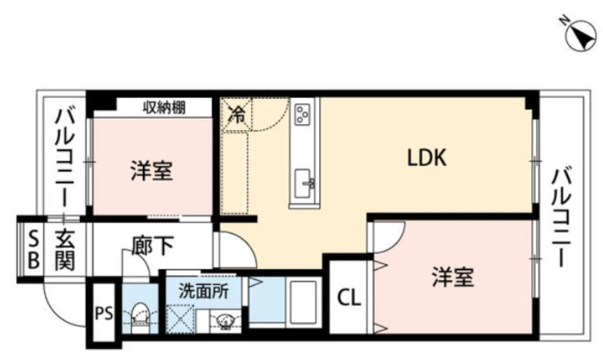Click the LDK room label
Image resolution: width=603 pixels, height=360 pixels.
(427, 158)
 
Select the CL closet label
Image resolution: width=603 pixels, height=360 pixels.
(349, 297)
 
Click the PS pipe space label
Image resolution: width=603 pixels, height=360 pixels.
(104, 314)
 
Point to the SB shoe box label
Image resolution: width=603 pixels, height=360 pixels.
(34, 250)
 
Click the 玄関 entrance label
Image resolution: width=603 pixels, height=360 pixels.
(64, 250)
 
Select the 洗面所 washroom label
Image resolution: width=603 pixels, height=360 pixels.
(204, 291)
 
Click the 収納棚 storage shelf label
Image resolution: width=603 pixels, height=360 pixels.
(164, 108)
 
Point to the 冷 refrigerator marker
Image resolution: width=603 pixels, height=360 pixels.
(237, 115)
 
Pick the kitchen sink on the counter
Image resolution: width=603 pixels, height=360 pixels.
(305, 183)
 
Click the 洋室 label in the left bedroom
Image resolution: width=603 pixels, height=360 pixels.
(152, 171)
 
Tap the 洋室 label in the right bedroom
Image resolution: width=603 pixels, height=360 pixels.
(453, 277)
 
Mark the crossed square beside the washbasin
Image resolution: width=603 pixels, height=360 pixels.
(180, 319)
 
